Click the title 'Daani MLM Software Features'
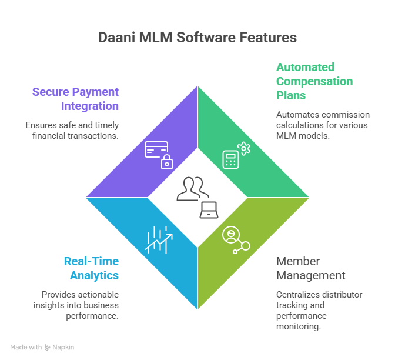point(197,38)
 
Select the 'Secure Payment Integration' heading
point(75,99)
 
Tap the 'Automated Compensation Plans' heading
point(314,81)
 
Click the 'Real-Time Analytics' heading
point(91,268)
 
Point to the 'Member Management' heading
point(310,268)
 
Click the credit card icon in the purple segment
point(156,150)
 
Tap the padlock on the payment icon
point(167,163)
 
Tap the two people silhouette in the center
point(192,189)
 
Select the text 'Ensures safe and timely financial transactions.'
point(72,130)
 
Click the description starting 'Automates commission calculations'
point(323,125)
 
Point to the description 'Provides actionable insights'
point(80,305)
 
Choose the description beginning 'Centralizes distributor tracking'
point(319,310)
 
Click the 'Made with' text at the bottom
point(26,348)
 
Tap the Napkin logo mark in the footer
point(48,348)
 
